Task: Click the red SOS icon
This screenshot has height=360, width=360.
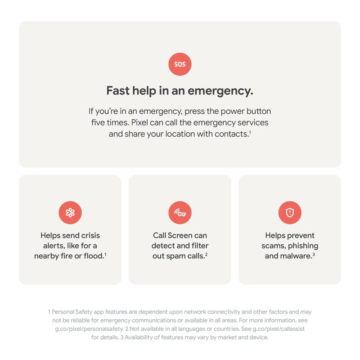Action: [x=180, y=64]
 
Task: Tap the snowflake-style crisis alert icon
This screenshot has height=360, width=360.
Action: [x=70, y=212]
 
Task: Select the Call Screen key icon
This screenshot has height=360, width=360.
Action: [x=180, y=212]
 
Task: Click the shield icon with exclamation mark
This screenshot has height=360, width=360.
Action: [x=290, y=212]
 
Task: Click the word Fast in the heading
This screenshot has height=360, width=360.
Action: [x=118, y=90]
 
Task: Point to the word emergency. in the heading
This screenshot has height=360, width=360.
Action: [x=220, y=91]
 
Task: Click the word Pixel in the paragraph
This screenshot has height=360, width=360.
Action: [x=139, y=122]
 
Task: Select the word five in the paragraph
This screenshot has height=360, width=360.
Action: [x=98, y=122]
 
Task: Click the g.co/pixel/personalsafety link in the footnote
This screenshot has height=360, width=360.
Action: [x=89, y=329]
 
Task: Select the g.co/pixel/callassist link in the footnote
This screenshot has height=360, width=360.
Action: [x=279, y=329]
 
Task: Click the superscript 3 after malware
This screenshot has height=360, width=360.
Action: [x=314, y=254]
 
